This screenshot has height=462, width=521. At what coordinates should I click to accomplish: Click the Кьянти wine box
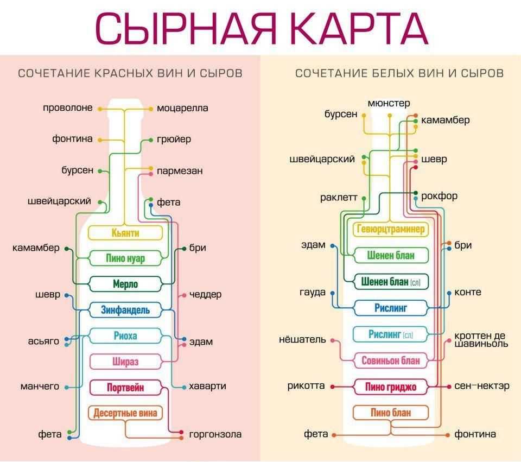click(x=125, y=233)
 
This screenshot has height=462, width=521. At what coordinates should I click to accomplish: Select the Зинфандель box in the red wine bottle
click(x=125, y=311)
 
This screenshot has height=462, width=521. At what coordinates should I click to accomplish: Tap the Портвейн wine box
click(x=125, y=388)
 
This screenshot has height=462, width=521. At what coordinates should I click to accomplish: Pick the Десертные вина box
click(x=125, y=413)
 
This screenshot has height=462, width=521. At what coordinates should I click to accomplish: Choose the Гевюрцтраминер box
click(x=391, y=229)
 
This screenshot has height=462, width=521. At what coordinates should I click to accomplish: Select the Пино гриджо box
click(x=391, y=387)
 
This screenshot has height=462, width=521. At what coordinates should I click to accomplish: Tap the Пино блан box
click(x=391, y=413)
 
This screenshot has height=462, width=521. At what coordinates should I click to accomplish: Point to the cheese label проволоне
click(x=68, y=108)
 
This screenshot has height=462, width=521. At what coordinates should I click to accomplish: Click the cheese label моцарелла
click(x=182, y=108)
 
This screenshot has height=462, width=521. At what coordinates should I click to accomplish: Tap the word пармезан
click(x=180, y=171)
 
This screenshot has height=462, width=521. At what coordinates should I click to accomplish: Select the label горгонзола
click(x=215, y=434)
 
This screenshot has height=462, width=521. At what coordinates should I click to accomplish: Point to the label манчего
click(x=40, y=387)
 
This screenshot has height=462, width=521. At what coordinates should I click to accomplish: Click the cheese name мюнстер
click(x=389, y=103)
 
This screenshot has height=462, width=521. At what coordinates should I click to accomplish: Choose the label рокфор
click(x=439, y=196)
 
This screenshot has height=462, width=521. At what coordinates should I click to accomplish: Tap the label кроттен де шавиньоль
click(x=481, y=339)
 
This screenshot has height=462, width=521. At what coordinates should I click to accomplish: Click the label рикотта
click(x=306, y=386)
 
